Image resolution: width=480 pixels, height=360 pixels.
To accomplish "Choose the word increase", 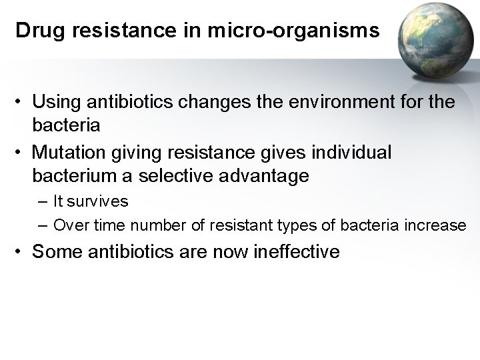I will (x=435, y=225).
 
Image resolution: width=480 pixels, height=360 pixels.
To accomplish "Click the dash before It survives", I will (x=43, y=201).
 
